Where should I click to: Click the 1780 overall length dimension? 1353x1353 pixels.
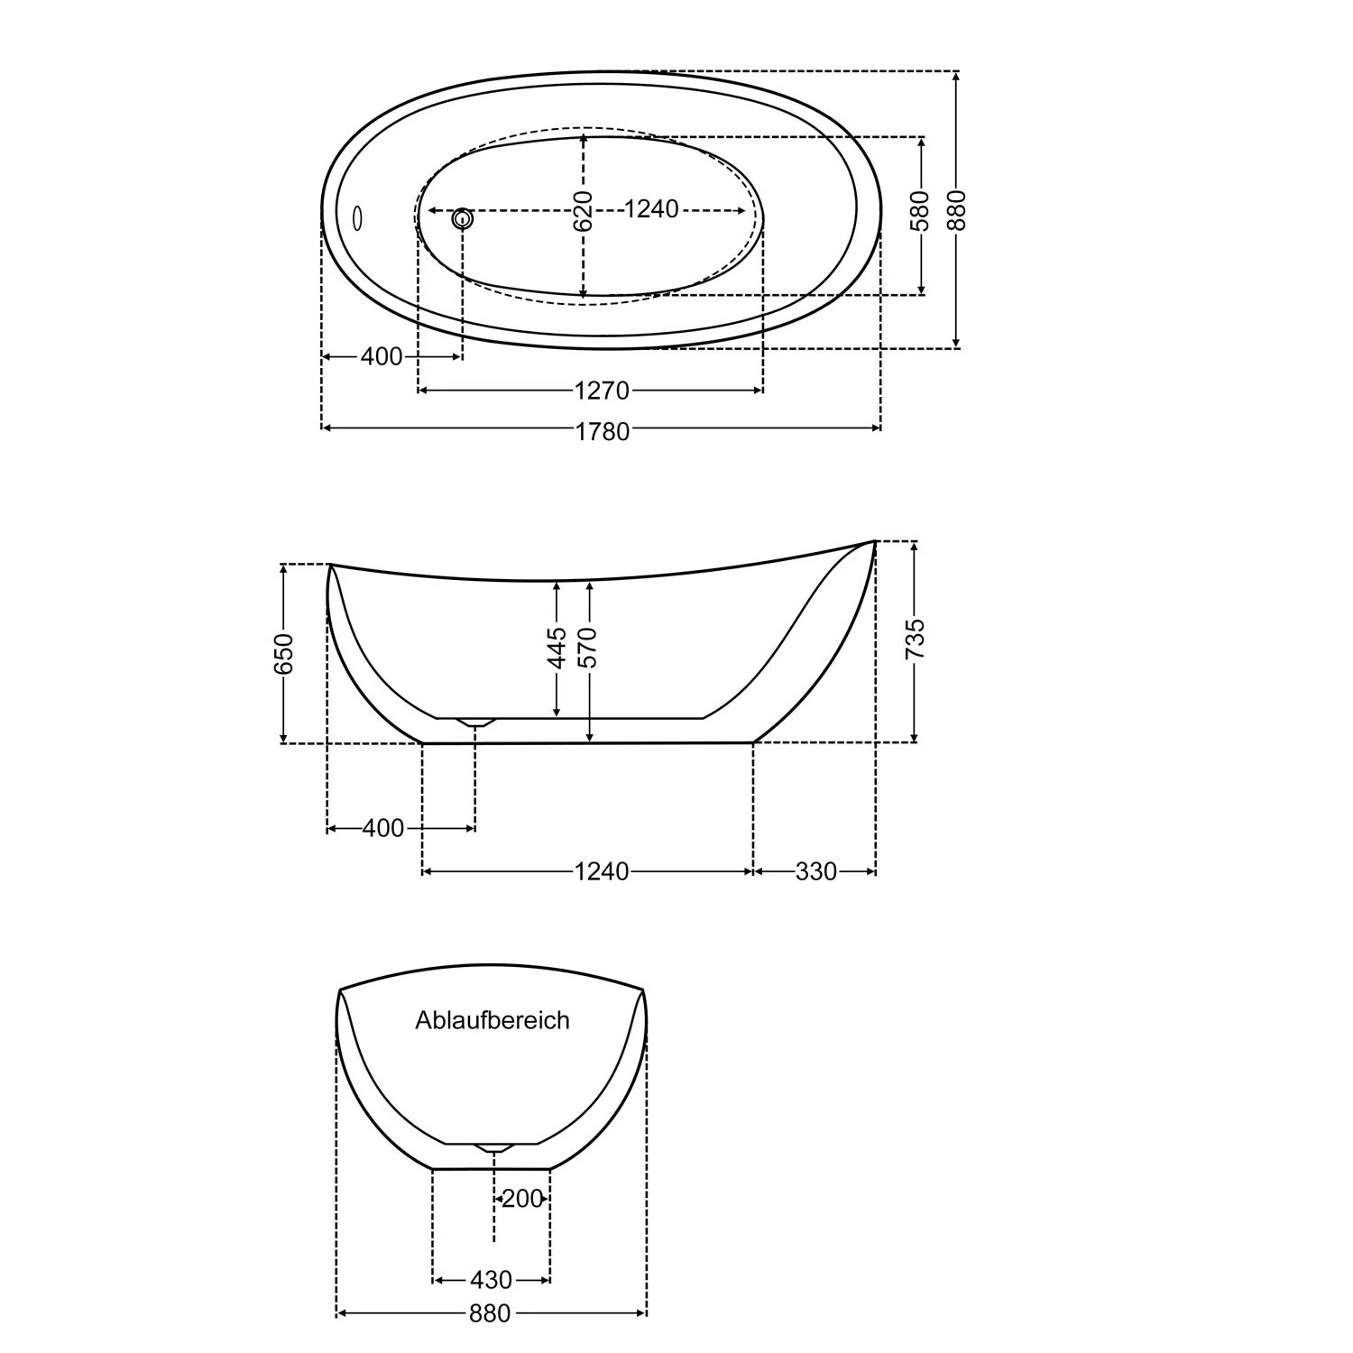(x=602, y=431)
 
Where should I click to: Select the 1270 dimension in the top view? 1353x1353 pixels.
(x=601, y=391)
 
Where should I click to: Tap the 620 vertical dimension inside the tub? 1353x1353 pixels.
(x=584, y=210)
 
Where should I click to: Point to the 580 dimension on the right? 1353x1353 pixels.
(x=921, y=210)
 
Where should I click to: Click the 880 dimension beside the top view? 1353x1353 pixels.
(x=957, y=209)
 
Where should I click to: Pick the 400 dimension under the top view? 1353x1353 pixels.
(x=381, y=357)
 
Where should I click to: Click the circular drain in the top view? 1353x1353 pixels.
(x=463, y=217)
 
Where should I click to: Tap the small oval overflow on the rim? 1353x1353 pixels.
(x=357, y=217)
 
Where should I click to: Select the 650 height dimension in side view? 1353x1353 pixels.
(x=283, y=653)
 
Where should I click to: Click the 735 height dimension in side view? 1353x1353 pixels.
(x=915, y=639)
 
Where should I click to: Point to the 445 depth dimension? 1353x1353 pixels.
(x=557, y=648)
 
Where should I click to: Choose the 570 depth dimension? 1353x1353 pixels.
(x=589, y=648)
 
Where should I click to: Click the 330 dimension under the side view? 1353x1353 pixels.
(x=815, y=871)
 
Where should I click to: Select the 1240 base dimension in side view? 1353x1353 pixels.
(x=601, y=871)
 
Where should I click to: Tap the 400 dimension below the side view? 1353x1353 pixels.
(x=382, y=828)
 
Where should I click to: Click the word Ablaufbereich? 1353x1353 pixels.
(x=492, y=1020)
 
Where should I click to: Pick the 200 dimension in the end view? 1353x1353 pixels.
(x=522, y=1199)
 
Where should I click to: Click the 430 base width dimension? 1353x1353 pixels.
(x=491, y=1280)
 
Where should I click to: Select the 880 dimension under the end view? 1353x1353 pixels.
(x=490, y=1314)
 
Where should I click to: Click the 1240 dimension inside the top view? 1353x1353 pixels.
(x=651, y=209)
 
